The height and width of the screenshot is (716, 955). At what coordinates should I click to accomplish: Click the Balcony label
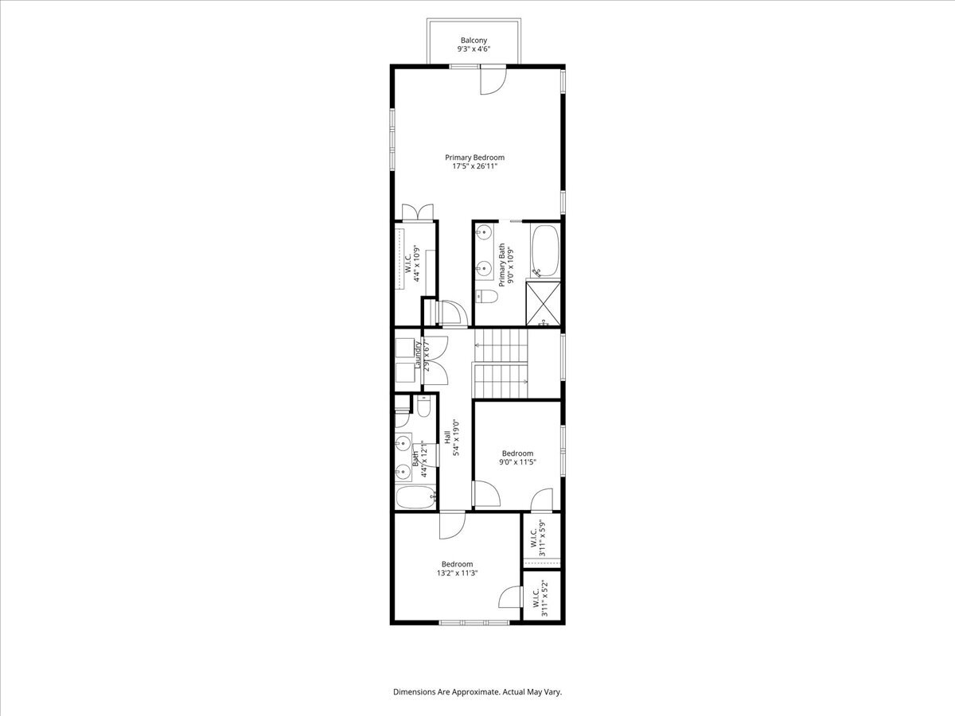[x=473, y=40]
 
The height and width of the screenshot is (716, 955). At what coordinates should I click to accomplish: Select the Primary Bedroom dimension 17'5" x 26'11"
[x=474, y=167]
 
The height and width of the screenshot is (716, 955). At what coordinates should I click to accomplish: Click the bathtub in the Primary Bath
[x=546, y=250]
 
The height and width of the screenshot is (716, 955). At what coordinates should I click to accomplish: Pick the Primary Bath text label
[x=502, y=265]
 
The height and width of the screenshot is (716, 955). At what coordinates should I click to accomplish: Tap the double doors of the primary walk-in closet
[x=417, y=212]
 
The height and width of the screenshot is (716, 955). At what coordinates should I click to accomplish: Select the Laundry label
[x=417, y=355]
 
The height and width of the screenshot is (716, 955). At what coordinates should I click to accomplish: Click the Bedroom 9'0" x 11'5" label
[x=516, y=457]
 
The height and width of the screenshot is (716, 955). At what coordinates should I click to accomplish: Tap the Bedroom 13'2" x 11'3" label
[x=457, y=568]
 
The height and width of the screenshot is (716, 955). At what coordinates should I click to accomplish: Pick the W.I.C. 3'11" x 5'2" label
[x=539, y=599]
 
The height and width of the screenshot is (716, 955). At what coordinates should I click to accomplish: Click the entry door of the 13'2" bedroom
[x=450, y=524]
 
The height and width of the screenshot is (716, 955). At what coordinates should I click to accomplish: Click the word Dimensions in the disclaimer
[x=416, y=692]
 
